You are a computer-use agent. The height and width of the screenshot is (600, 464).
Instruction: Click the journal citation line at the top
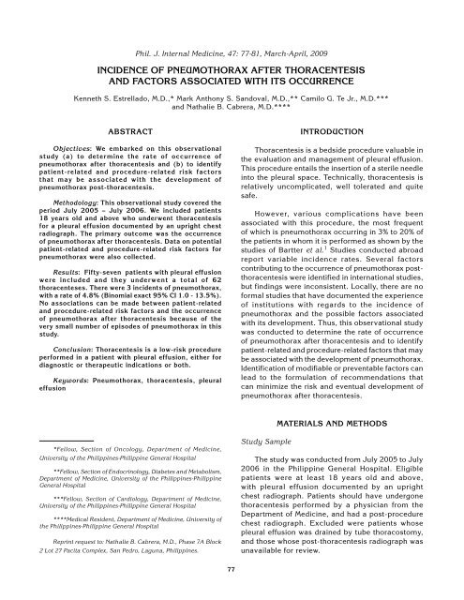232,17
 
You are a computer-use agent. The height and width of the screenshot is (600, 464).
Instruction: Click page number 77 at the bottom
232,593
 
